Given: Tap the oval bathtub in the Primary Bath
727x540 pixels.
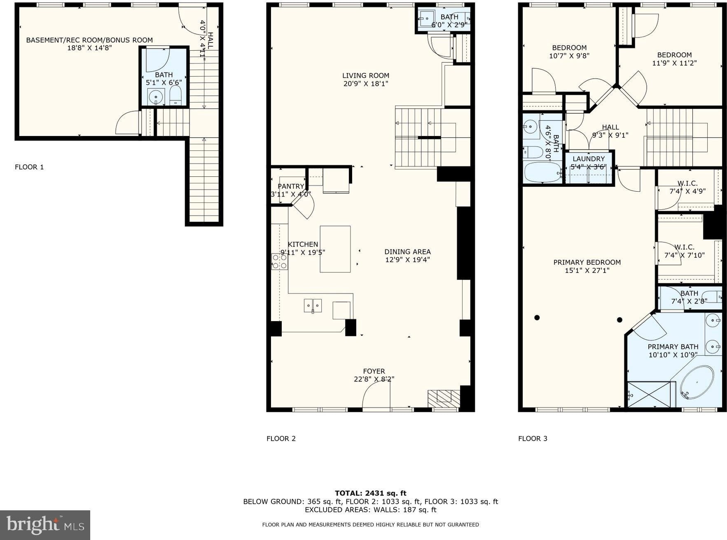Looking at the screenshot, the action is click(697, 382).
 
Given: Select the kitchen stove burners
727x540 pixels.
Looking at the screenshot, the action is click(279, 261).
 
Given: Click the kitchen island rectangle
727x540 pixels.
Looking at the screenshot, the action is click(335, 249).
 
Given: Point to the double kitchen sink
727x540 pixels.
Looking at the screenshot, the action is click(313, 306).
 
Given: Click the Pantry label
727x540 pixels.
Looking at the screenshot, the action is click(291, 186).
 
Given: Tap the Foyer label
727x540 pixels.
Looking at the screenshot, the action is click(374, 371).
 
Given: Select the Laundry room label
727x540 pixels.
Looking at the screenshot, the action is click(589, 159).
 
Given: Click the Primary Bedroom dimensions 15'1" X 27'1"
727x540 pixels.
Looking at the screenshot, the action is click(587, 270).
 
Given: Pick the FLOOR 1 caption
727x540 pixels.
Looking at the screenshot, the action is click(29, 167).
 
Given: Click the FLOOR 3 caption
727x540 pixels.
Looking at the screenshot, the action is click(533, 439).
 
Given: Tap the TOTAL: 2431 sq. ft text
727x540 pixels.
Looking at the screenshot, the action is click(370, 493).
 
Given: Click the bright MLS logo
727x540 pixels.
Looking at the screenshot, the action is click(45, 525).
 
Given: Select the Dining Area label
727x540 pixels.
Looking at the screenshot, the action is click(407, 251).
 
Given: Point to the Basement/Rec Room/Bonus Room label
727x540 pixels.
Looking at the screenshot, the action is click(89, 40).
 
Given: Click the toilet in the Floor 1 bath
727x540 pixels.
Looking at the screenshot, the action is click(175, 95).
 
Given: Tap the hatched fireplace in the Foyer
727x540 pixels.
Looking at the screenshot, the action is click(444, 398).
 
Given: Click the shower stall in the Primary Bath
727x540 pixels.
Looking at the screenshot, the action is click(651, 394).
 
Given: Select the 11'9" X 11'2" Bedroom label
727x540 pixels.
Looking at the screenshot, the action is click(674, 59).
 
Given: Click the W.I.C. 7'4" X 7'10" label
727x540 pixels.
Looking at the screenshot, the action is click(684, 251).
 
